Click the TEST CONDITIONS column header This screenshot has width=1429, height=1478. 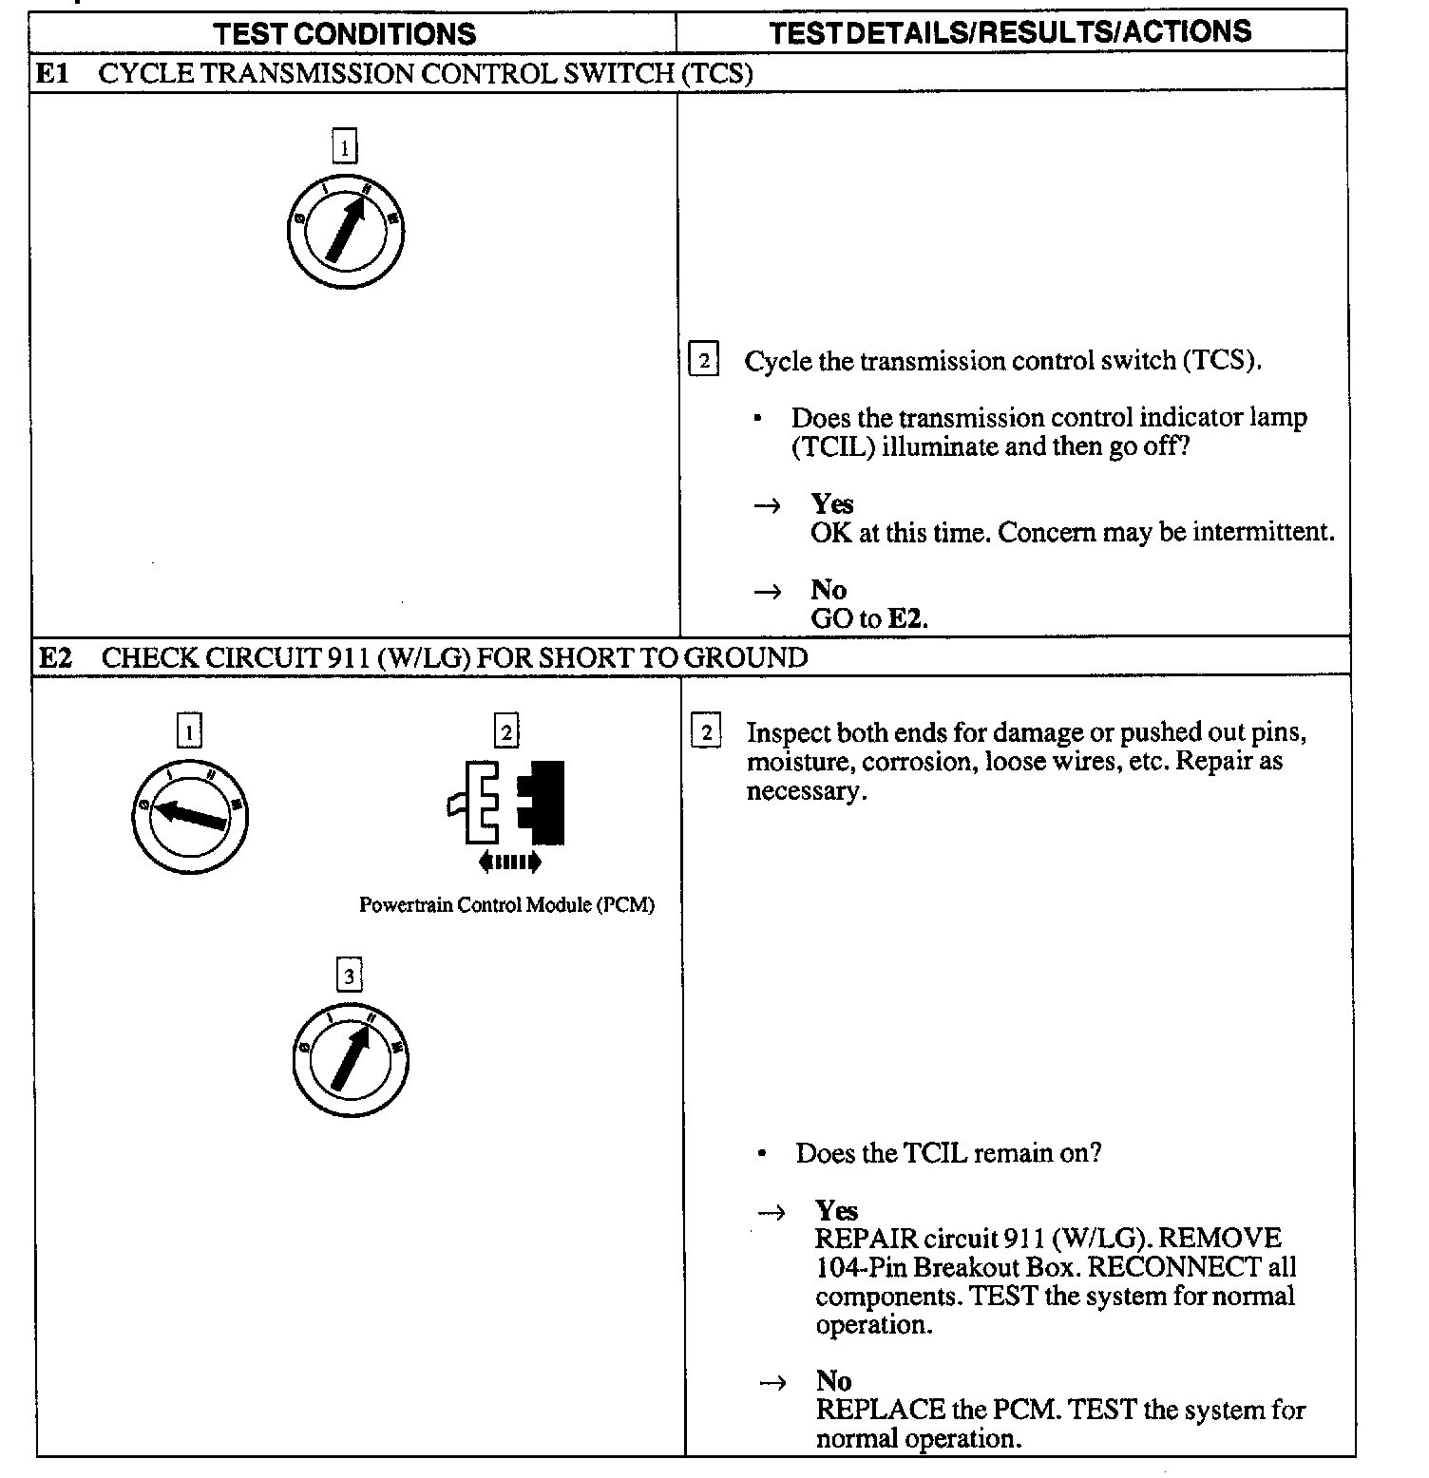[x=345, y=33]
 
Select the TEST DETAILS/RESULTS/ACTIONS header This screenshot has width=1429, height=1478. [x=1010, y=32]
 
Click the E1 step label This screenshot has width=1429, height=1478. [x=53, y=73]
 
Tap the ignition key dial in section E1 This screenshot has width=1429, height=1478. [x=345, y=231]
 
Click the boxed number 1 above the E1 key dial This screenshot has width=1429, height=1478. [x=345, y=147]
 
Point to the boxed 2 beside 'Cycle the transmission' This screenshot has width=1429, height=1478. [x=703, y=360]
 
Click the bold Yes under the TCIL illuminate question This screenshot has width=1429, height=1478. [x=832, y=503]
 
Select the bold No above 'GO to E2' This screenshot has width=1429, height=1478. [x=829, y=590]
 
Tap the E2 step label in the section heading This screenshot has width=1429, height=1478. [x=56, y=657]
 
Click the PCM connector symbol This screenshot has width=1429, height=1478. [x=506, y=803]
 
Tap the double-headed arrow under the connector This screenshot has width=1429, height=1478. [x=510, y=862]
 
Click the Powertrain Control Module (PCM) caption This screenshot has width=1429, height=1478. [x=506, y=904]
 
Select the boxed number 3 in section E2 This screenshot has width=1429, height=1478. [x=350, y=976]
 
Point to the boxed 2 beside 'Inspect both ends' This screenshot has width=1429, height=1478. [x=706, y=732]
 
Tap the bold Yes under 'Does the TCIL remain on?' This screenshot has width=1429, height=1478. [x=836, y=1210]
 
